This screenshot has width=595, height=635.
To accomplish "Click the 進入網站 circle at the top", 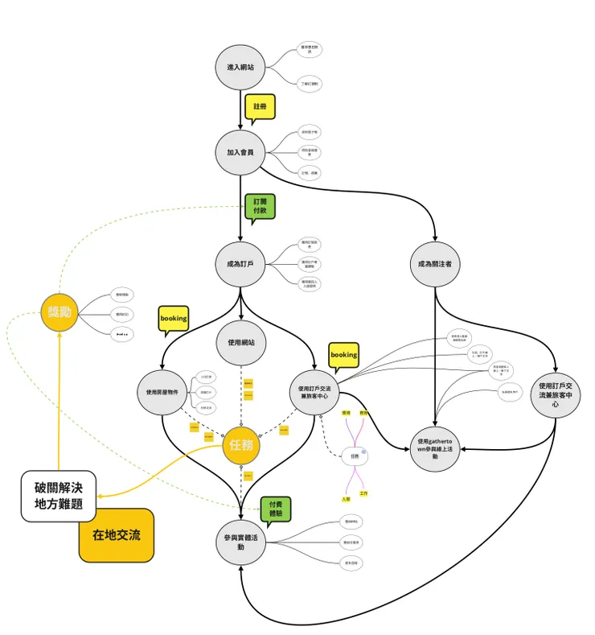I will [x=240, y=67].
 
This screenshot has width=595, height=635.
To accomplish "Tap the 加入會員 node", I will [x=240, y=151].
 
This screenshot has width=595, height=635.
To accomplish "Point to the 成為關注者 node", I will [x=435, y=262].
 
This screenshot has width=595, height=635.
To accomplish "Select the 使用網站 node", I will [x=240, y=343].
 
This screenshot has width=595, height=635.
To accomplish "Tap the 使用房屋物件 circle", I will [x=162, y=393].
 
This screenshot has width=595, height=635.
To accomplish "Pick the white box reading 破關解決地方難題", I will [x=58, y=496].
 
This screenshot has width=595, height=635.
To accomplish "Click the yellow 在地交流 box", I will [x=116, y=534].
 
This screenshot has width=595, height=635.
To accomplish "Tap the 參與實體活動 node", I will [x=240, y=542].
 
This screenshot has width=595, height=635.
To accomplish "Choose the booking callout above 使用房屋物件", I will [x=174, y=319].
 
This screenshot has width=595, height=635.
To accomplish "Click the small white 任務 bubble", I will [x=355, y=456].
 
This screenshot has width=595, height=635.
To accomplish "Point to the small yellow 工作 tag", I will [x=363, y=492].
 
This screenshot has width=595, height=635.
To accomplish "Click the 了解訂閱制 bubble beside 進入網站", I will [x=310, y=83].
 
